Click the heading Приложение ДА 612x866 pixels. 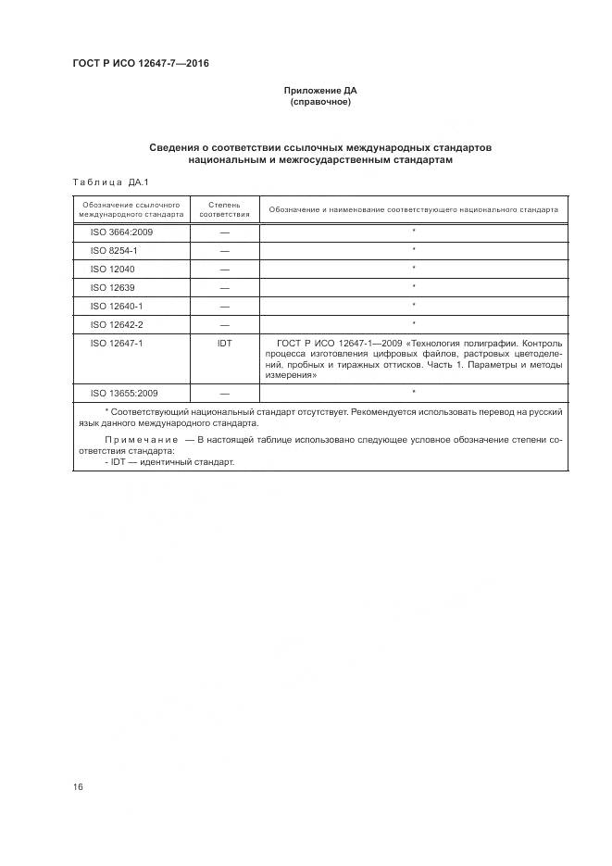coord(319,91)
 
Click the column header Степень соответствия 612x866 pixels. coord(224,209)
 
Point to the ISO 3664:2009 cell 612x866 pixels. coord(121,232)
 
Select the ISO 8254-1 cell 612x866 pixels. coord(114,250)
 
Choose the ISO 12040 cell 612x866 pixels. coord(113,269)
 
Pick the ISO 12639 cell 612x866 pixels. coord(113,287)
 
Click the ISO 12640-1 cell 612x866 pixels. coord(116,306)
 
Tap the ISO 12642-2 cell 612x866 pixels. coord(116,324)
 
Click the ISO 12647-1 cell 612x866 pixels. coord(116,343)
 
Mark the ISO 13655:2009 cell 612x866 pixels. coord(123,394)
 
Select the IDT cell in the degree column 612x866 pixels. coord(224,343)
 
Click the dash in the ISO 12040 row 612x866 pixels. coord(224,270)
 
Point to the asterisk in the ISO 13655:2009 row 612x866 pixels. coord(413,393)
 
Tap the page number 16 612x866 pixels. coord(79,787)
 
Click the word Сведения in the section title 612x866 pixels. coord(178,148)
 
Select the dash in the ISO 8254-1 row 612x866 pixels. coord(224,251)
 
